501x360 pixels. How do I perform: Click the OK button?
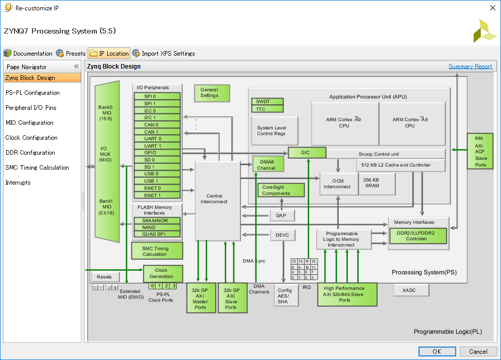pyautogui.click(x=437, y=351)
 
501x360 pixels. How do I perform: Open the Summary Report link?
pyautogui.click(x=470, y=67)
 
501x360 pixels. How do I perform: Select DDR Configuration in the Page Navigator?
pyautogui.click(x=30, y=153)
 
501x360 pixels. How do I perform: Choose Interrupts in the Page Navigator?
pyautogui.click(x=18, y=183)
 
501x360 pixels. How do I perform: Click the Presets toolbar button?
pyautogui.click(x=71, y=54)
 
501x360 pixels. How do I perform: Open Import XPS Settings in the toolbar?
pyautogui.click(x=163, y=54)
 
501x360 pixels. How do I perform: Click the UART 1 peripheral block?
pyautogui.click(x=157, y=146)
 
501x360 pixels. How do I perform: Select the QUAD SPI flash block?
pyautogui.click(x=157, y=234)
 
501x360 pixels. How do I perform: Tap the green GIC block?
pyautogui.click(x=307, y=153)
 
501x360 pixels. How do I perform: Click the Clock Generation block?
pyautogui.click(x=163, y=273)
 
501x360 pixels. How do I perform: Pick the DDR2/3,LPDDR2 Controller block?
pyautogui.click(x=418, y=236)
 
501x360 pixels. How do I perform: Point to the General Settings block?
pyautogui.click(x=212, y=93)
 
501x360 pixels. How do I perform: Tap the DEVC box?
pyautogui.click(x=283, y=235)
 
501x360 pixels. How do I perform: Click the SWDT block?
pyautogui.click(x=267, y=102)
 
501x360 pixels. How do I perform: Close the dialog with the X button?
pyautogui.click(x=493, y=8)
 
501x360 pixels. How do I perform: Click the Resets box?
pyautogui.click(x=104, y=277)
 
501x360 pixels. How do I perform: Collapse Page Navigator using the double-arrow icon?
pyautogui.click(x=76, y=67)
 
